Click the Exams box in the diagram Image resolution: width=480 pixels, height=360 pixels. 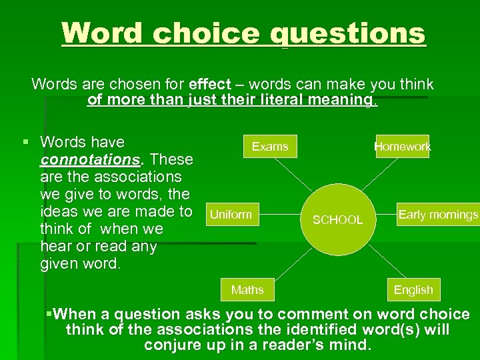tap(270, 147)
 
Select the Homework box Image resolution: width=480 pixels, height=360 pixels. tap(402, 147)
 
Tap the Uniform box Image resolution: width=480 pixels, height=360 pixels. tap(231, 215)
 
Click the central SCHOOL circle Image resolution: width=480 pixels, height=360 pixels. tap(337, 219)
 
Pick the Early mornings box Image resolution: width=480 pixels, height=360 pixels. tap(438, 215)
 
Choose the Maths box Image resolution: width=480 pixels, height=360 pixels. tap(247, 290)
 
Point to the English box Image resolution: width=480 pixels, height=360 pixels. tap(413, 290)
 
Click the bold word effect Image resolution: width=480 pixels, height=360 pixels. tap(210, 85)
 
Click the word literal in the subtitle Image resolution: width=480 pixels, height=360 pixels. tap(273, 101)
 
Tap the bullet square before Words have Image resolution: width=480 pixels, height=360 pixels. tap(25, 142)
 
